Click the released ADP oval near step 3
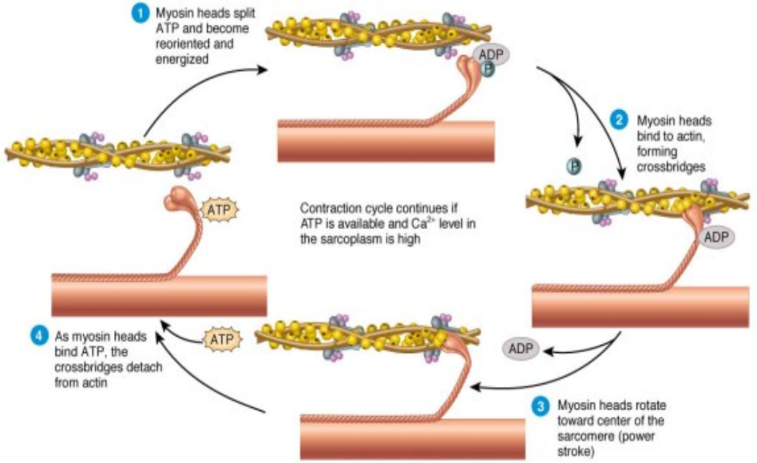(x=521, y=349)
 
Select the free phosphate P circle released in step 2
(x=573, y=165)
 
